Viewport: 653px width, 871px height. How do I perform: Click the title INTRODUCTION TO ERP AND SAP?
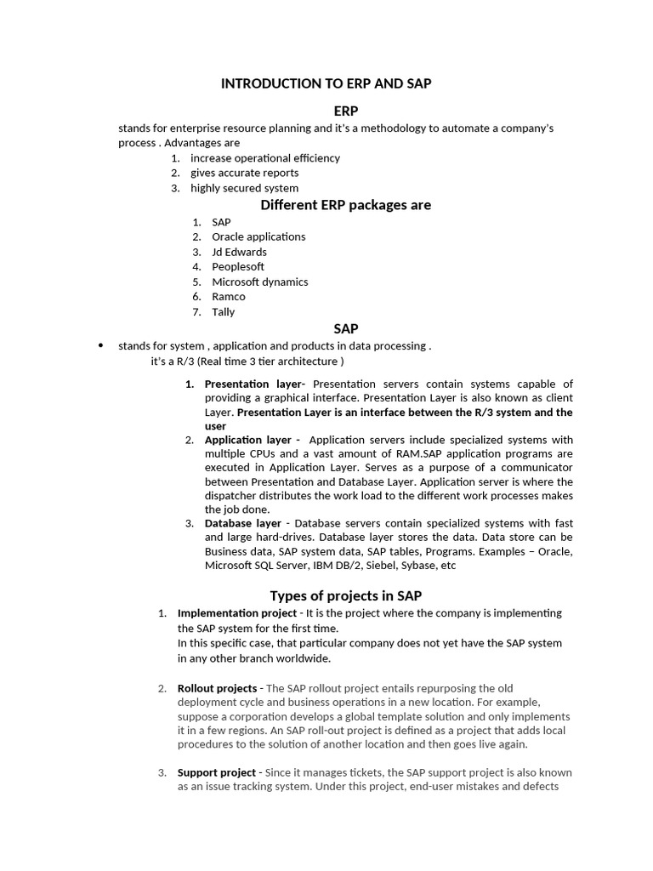point(326,83)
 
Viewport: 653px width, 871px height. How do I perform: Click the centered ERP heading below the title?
point(345,111)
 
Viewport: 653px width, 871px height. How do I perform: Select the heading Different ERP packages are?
point(345,205)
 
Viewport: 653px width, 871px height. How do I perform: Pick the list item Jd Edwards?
point(239,252)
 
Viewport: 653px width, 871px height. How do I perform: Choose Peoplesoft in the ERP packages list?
point(238,266)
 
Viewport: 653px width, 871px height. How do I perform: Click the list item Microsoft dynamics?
point(260,282)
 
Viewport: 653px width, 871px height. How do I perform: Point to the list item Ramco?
point(229,296)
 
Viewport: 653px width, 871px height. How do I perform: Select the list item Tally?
point(224,311)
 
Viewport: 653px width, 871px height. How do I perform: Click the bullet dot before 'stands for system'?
point(100,345)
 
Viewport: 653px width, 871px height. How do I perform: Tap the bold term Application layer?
point(247,440)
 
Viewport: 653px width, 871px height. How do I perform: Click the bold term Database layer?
point(243,523)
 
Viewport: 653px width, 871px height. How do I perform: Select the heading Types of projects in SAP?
point(345,595)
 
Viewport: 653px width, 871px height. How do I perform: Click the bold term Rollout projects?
point(217,688)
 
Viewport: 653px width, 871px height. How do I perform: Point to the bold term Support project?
point(216,772)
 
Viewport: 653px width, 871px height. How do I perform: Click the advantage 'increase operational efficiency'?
point(264,158)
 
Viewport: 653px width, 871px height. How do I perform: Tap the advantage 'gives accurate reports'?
point(244,173)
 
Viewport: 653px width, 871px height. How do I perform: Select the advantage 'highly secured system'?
point(244,188)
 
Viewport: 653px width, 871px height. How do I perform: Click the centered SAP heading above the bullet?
point(345,328)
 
